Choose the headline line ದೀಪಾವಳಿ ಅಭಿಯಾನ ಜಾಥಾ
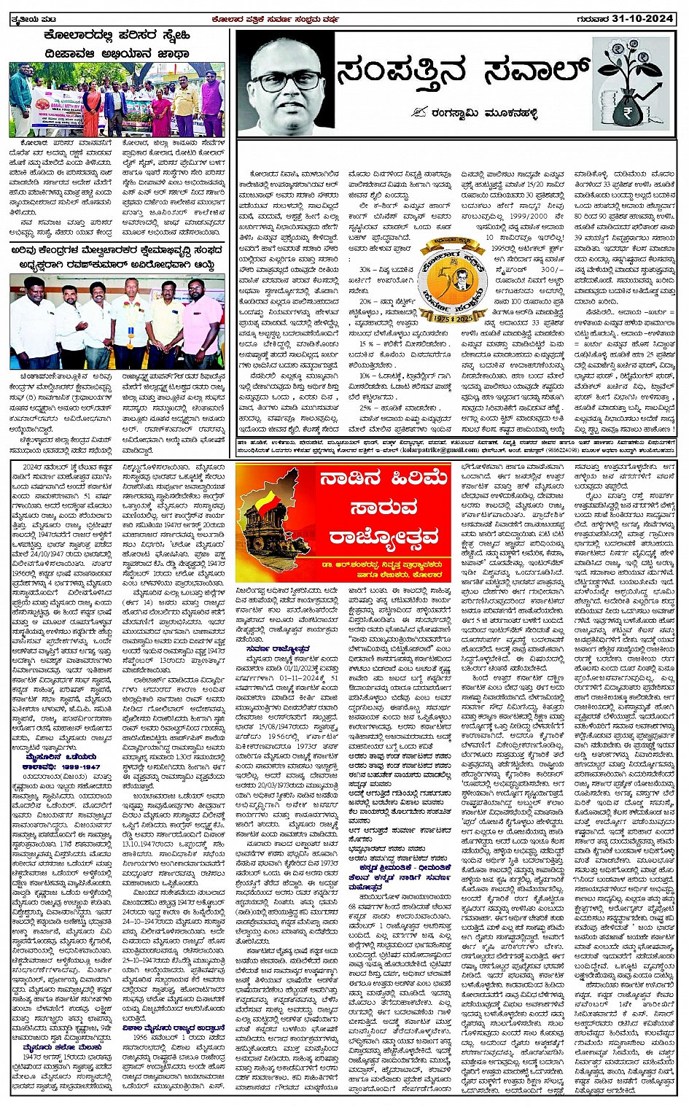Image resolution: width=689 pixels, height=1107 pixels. tap(117, 53)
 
